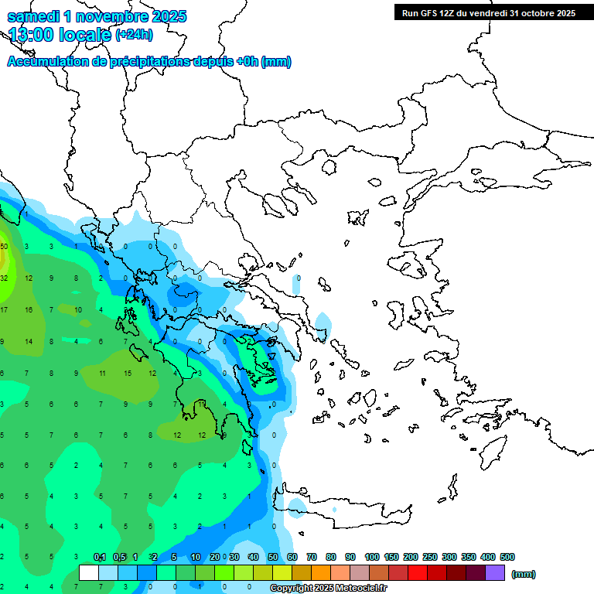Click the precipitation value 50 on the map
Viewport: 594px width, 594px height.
4,247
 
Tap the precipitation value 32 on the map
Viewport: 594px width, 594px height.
4,278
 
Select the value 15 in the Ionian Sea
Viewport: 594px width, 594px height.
128,373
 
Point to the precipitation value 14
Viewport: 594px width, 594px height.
29,341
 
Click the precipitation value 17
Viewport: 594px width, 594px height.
4,309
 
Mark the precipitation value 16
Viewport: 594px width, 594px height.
29,309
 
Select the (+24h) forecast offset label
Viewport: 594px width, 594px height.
134,35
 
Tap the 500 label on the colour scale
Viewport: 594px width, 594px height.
507,557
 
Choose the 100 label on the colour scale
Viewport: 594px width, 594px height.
372,557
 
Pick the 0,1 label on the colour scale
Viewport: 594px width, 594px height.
100,557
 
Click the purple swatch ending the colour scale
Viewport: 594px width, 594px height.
495,573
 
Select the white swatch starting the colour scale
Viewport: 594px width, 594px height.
89,573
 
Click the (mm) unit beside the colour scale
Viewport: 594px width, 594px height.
524,574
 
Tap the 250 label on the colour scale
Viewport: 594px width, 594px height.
430,557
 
